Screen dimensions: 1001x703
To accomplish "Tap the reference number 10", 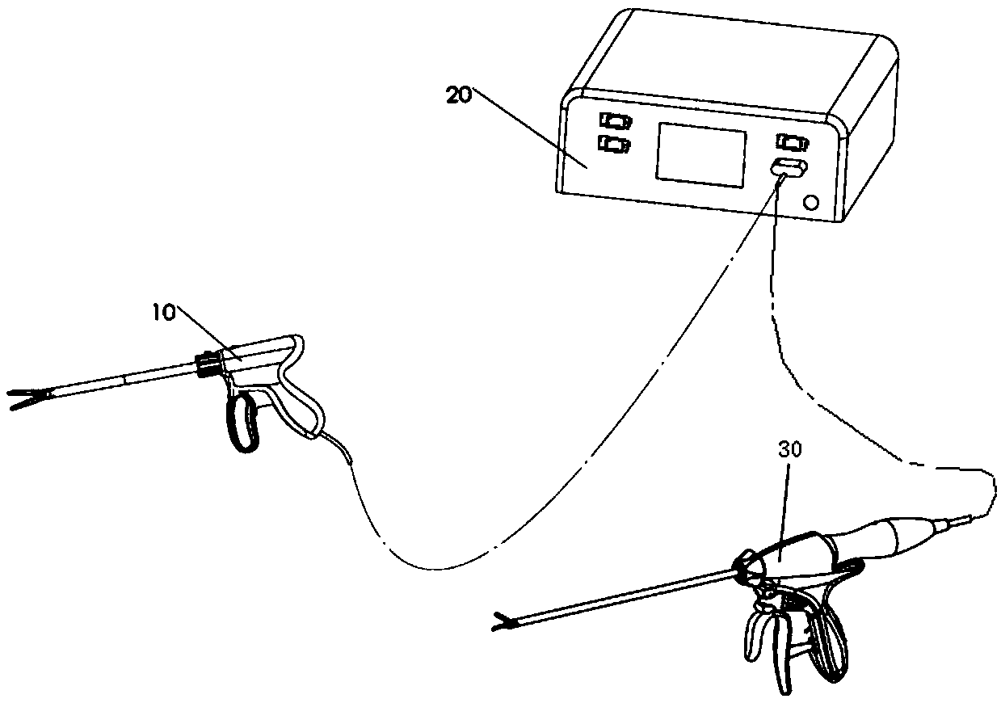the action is coord(164,313).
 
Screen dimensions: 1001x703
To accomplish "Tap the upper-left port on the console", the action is coord(616,121).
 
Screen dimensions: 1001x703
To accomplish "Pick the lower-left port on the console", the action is coord(615,144).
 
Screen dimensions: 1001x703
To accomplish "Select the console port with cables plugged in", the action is coord(789,168).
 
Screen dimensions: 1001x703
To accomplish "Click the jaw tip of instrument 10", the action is coord(23,398).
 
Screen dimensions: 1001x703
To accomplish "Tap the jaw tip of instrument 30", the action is coord(503,623).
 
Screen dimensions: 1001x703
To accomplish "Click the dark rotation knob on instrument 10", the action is coord(205,364).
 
